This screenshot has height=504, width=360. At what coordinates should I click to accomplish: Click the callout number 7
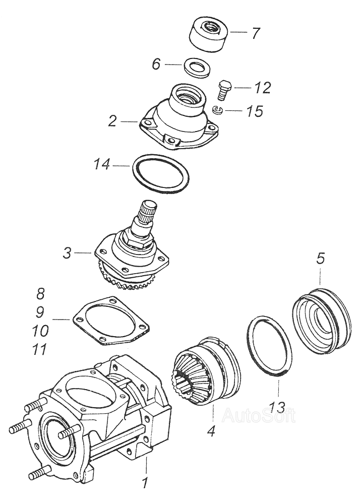256,34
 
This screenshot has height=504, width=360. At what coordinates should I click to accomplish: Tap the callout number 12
262,88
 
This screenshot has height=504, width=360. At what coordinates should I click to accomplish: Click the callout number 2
112,120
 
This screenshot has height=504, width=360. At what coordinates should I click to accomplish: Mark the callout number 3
68,253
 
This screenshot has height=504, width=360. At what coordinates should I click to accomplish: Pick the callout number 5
321,259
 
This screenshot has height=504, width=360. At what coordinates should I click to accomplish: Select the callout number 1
145,483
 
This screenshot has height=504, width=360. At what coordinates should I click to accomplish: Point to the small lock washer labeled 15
218,111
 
